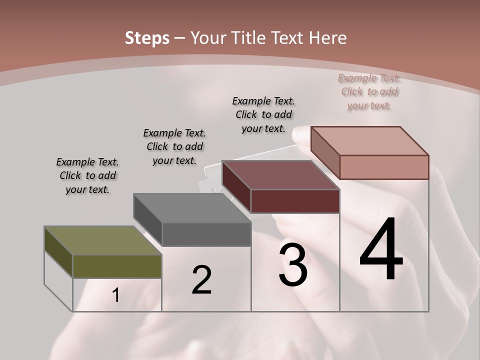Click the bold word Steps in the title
(147, 37)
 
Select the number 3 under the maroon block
(293, 264)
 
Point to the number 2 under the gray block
(201, 280)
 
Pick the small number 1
(116, 295)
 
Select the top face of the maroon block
(280, 175)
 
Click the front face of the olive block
(117, 266)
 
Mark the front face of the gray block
(206, 234)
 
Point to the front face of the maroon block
(295, 201)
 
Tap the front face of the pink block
(384, 167)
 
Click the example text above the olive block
(87, 175)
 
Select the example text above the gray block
(174, 146)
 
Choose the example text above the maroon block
(263, 114)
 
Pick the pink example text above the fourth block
(369, 91)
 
